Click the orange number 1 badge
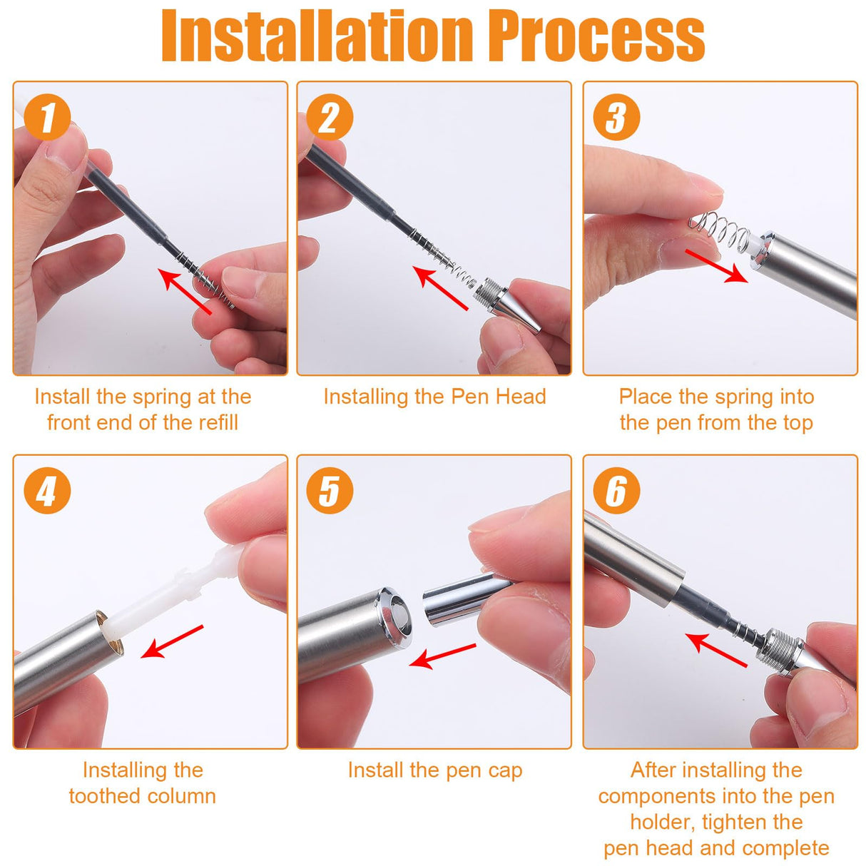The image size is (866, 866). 47,117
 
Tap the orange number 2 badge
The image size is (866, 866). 330,117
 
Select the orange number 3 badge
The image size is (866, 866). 616,117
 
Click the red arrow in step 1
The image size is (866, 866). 185,290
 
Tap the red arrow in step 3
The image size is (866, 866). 716,266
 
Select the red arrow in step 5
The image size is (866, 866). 442,656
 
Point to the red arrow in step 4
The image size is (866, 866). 172,642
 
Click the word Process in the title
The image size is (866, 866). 601,36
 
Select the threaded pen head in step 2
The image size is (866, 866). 508,305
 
